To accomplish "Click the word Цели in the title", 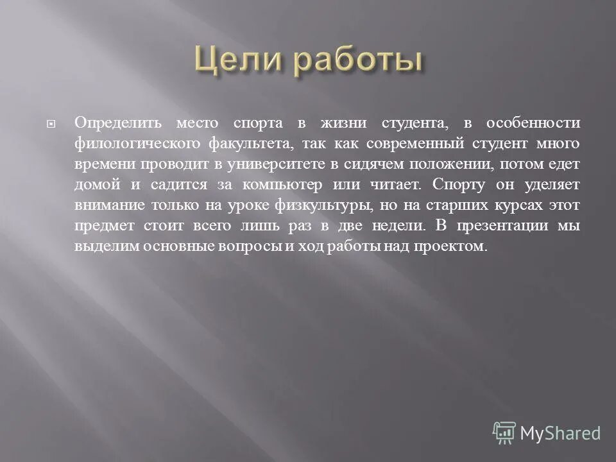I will click(235, 62).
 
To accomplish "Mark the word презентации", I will click(503, 227).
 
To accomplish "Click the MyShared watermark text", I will click(560, 433).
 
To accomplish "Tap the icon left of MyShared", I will click(504, 433).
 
